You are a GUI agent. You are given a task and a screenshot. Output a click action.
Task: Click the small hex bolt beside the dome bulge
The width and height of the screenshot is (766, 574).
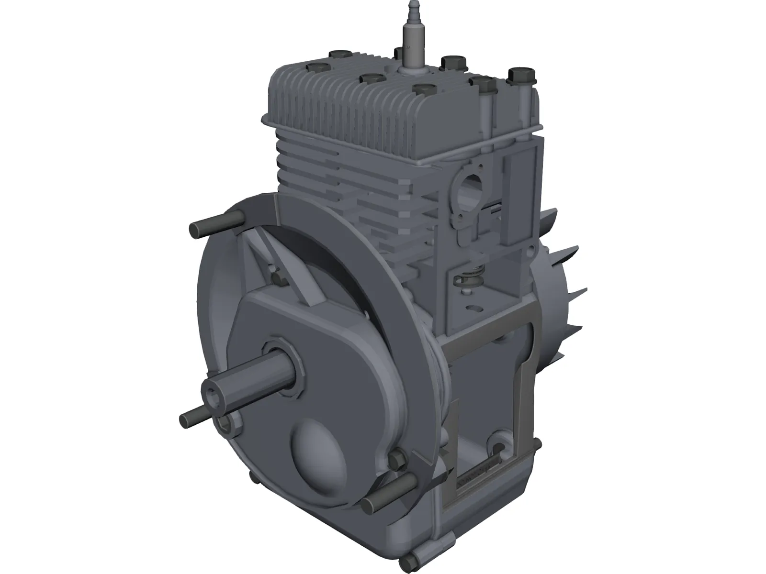[397, 460]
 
